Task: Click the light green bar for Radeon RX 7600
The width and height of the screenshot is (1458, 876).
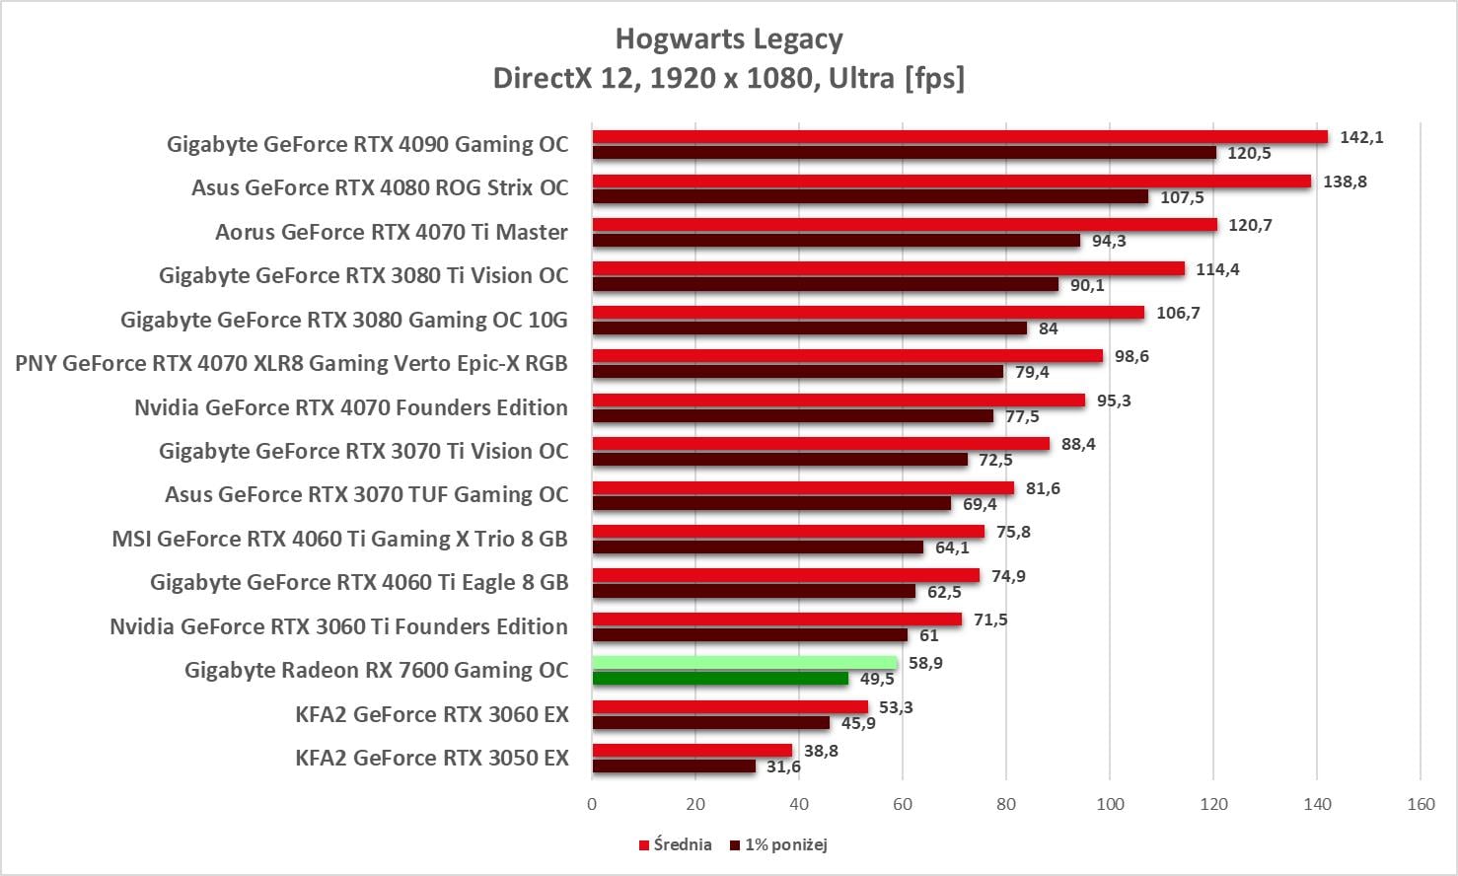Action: coord(745,663)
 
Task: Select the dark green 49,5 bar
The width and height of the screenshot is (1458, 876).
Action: coord(720,679)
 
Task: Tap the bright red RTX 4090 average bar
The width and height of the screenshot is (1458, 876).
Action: coord(960,137)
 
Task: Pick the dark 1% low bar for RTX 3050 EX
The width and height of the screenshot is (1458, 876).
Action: coord(674,766)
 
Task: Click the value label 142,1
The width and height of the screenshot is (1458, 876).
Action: coord(1361,137)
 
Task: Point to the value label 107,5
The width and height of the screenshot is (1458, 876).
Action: coord(1182,197)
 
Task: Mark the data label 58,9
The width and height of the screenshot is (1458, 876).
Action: coord(925,663)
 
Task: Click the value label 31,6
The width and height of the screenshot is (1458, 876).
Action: coord(783,766)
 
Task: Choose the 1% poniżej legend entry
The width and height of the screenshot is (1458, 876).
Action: coord(778,844)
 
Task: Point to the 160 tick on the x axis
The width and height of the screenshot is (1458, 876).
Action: coord(1421,804)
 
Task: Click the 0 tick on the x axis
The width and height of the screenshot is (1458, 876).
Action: coord(592,804)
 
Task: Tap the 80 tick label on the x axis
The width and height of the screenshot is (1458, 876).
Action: coord(1006,804)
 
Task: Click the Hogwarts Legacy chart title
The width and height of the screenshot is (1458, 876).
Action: coord(729,38)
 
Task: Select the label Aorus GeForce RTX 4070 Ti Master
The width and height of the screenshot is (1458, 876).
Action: coord(392,232)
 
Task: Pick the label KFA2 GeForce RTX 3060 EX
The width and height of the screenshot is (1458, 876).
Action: coord(432,714)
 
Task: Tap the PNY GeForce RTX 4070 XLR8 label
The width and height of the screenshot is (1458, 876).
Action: coord(291,363)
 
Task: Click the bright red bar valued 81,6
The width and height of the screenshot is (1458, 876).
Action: coord(803,488)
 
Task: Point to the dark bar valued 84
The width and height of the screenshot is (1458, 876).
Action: coord(809,328)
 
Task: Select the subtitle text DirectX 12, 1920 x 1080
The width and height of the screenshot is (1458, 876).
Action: coord(729,77)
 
